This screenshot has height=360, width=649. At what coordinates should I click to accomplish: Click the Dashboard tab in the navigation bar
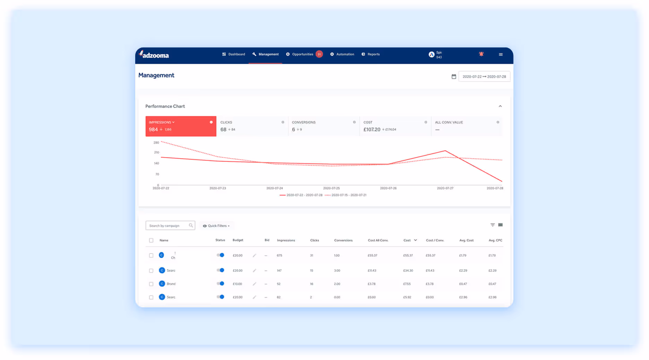(x=234, y=54)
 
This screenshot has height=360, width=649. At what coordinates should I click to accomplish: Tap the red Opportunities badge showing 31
(x=319, y=54)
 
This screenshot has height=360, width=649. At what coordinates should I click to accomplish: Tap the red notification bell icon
(x=481, y=54)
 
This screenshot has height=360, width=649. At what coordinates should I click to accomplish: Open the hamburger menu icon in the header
(x=501, y=54)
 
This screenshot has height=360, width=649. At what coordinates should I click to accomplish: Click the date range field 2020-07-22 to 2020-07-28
(x=484, y=77)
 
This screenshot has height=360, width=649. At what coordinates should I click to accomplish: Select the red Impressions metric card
(x=181, y=126)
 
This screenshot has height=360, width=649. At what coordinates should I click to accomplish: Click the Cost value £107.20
(x=372, y=130)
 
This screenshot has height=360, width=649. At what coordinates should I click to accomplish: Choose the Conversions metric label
(x=304, y=122)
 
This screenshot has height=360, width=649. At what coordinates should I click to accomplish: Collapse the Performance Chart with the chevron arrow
(x=500, y=106)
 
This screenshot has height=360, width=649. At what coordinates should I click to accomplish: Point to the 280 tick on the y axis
(x=156, y=143)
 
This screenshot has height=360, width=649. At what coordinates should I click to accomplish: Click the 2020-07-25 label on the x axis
(x=331, y=188)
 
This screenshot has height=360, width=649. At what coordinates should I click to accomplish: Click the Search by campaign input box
(x=168, y=226)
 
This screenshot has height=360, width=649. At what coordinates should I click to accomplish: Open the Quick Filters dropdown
(x=216, y=226)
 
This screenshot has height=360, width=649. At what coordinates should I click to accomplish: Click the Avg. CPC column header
(x=495, y=240)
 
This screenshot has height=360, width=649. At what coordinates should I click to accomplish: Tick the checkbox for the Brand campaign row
(x=151, y=284)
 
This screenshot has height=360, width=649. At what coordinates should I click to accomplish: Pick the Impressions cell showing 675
(x=279, y=256)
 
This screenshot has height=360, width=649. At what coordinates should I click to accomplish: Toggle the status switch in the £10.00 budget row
(x=220, y=284)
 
